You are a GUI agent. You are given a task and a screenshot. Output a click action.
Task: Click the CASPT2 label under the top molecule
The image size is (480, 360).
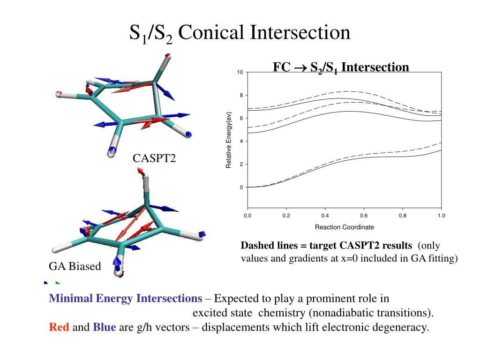[x=154, y=158]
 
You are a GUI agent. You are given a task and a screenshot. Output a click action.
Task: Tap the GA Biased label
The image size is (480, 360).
[x=75, y=267]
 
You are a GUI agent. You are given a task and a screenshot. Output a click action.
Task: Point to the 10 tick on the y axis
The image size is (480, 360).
[x=240, y=73]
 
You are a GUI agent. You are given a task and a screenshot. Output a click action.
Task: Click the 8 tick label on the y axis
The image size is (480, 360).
[x=241, y=96]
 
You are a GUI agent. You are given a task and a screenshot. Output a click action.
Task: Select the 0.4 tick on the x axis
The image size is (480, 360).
[x=325, y=216]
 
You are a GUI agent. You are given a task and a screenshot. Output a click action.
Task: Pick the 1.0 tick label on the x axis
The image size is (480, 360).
[x=441, y=216]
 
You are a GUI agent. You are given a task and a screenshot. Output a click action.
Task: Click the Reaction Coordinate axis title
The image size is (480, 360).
[x=345, y=227]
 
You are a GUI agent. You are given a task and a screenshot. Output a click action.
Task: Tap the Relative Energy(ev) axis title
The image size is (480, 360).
[x=229, y=140]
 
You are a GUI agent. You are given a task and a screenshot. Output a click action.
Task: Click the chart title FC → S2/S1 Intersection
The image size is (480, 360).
[x=341, y=67]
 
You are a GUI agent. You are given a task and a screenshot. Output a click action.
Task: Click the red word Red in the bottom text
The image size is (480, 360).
[x=59, y=327]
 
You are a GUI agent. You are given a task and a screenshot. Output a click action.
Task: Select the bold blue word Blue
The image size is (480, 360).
[x=105, y=327]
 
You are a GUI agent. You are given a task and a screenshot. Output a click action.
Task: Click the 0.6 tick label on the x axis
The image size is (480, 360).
[x=364, y=216]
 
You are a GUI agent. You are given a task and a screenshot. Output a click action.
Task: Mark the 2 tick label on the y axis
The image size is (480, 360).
[x=241, y=165]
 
